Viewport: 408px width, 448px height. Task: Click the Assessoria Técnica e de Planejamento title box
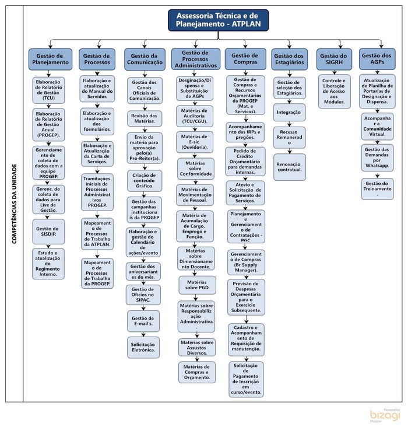pos(218,20)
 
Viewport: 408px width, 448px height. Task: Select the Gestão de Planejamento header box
pos(50,58)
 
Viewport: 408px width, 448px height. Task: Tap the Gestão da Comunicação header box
pos(144,58)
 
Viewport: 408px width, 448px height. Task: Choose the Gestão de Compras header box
pos(245,58)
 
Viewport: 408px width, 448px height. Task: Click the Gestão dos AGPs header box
pos(377,58)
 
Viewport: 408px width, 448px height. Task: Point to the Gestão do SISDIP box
pos(50,230)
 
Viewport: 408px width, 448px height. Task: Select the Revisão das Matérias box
pos(144,118)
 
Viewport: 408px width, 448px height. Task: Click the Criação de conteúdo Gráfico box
pos(144,180)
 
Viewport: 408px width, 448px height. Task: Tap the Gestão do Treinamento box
pos(377,188)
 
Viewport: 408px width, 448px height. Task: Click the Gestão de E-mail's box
pos(144,321)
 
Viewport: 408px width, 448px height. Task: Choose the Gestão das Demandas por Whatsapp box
pos(377,157)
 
